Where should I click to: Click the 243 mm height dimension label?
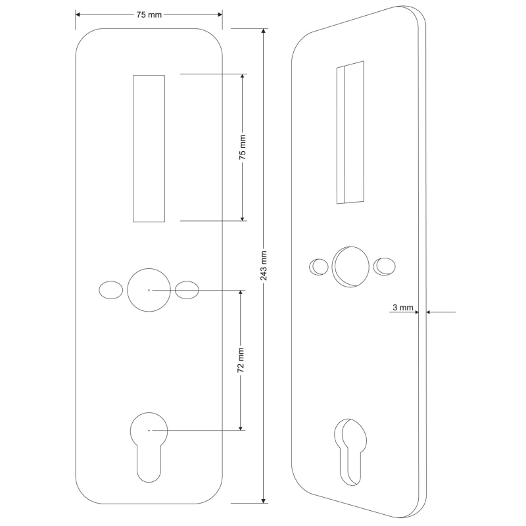tap(264, 266)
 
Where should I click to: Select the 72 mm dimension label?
tap(241, 360)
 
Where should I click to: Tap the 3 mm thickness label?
tap(402, 307)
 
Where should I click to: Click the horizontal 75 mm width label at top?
tap(149, 14)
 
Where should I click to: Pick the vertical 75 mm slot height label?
tap(242, 147)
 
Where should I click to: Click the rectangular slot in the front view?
tap(149, 148)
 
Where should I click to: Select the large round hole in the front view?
tap(149, 289)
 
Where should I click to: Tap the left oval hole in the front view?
tap(110, 290)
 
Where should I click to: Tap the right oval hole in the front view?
tap(187, 290)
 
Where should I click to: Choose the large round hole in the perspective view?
tap(349, 266)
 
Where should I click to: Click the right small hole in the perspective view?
tap(384, 266)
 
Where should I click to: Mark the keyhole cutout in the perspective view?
tap(350, 450)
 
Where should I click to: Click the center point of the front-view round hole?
tap(149, 289)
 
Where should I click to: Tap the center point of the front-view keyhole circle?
tap(149, 430)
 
